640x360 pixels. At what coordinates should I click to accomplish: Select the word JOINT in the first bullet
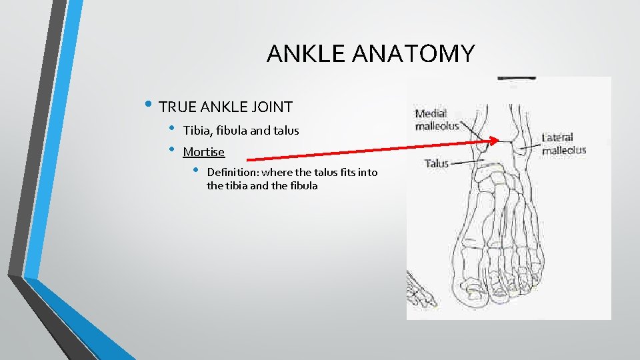point(271,106)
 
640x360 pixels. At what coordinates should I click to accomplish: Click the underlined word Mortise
point(203,152)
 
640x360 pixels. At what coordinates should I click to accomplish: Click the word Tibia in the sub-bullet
point(197,131)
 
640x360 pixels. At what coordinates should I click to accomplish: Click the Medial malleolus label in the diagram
point(437,119)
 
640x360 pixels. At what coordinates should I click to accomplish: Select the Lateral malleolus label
point(563,144)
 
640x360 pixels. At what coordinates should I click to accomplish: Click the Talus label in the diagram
point(437,163)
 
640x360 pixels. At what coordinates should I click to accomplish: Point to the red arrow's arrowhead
point(494,141)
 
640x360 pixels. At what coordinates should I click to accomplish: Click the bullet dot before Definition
point(196,171)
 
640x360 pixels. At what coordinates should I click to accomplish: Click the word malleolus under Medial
point(437,126)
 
